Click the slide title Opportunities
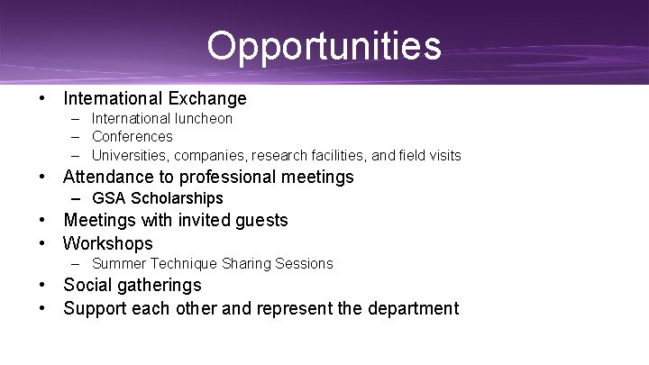(x=324, y=45)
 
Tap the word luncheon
(x=204, y=118)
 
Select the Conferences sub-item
(x=133, y=137)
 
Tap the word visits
(x=442, y=155)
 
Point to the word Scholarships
(x=177, y=198)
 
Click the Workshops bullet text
(x=108, y=243)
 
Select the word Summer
(x=115, y=264)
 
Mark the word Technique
(x=179, y=264)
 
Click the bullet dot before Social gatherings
(x=42, y=286)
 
